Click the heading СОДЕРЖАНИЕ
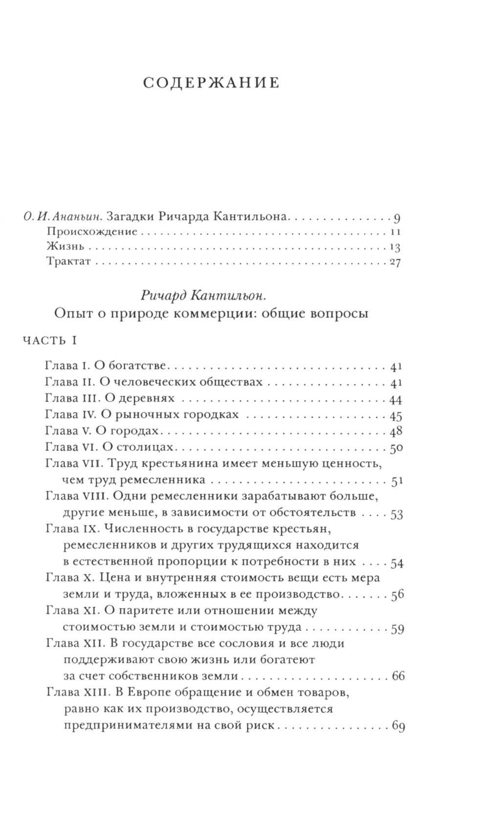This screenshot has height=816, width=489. [x=211, y=83]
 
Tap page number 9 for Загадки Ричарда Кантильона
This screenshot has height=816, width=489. [x=397, y=217]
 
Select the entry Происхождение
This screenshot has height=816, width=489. [x=92, y=231]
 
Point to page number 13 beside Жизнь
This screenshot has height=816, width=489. [x=395, y=247]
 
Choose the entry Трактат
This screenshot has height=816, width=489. [x=69, y=262]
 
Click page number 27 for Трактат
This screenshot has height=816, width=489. [x=395, y=262]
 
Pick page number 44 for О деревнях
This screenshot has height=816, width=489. [x=396, y=400]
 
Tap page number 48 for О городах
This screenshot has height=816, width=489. [x=396, y=432]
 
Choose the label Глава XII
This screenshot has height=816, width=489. [x=74, y=643]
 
